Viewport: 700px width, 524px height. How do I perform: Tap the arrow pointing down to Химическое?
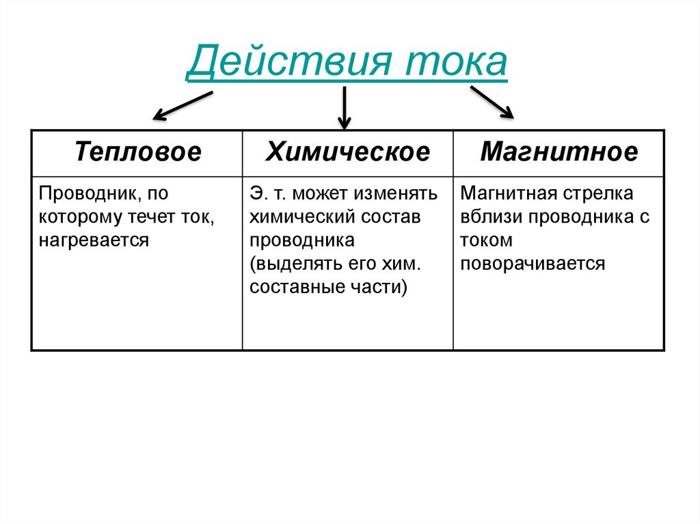(344, 107)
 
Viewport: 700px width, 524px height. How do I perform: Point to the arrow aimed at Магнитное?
(492, 102)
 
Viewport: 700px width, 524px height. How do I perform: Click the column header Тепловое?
(138, 152)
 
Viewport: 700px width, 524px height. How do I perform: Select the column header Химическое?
(348, 152)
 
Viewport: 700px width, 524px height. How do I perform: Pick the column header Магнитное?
(558, 152)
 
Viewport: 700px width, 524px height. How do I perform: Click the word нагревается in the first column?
(94, 240)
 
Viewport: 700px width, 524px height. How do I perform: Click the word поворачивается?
(533, 264)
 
